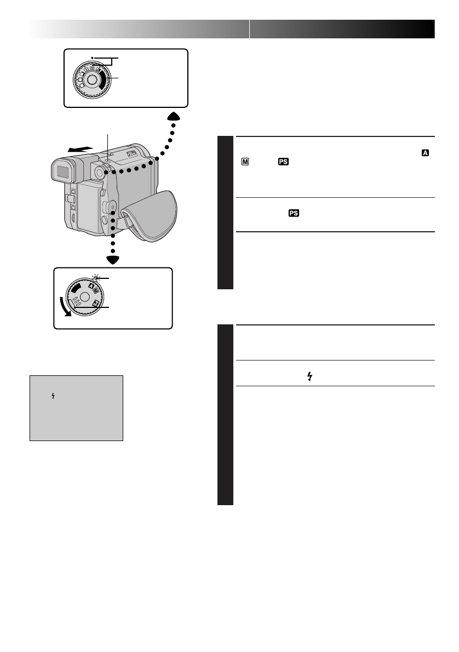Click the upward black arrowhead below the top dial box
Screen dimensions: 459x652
point(173,116)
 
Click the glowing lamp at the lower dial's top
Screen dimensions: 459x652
point(95,278)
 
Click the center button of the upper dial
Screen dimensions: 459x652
point(91,80)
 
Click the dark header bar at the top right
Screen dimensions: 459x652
point(342,29)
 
